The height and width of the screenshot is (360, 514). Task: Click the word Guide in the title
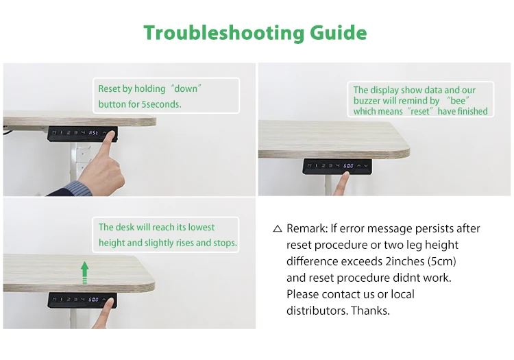(339, 32)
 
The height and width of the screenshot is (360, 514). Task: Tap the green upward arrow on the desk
(84, 272)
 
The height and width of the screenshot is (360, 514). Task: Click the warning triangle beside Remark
(278, 228)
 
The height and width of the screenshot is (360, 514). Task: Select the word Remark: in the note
(307, 228)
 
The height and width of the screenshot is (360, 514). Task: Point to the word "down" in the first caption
(186, 88)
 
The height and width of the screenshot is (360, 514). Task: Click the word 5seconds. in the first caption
(161, 104)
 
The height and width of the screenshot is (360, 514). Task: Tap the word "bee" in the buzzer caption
(458, 100)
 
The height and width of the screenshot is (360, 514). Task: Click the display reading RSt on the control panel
(93, 133)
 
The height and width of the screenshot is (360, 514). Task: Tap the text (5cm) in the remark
(442, 261)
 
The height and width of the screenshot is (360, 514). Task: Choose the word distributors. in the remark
(317, 310)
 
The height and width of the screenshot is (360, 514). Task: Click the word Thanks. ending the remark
(370, 310)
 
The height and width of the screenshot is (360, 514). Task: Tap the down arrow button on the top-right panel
(366, 165)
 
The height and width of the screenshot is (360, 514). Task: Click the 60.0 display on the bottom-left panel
(93, 300)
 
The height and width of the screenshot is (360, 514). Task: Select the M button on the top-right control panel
(309, 165)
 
